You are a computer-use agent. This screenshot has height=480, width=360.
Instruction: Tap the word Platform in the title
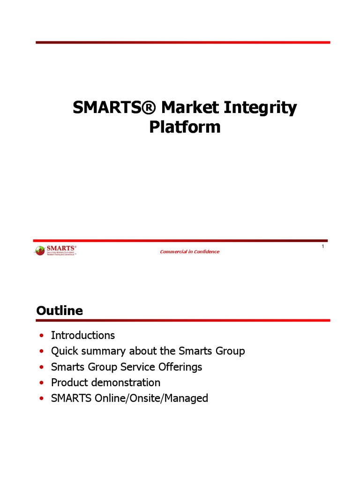pos(185,127)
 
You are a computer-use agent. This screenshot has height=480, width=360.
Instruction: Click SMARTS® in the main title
pos(113,108)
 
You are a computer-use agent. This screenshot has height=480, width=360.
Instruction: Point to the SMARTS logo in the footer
pos(55,250)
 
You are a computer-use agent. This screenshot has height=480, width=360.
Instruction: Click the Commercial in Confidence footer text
pos(189,252)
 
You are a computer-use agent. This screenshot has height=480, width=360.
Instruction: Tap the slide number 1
pos(323,247)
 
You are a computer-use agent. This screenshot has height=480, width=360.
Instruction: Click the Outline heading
pos(59,311)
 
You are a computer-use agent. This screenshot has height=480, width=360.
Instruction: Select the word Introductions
pos(82,336)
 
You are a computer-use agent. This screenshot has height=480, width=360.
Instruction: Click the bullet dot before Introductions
pos(42,336)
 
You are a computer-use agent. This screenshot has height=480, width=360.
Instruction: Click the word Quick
pos(64,351)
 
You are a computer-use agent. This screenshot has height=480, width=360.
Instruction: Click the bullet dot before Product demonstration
pos(42,383)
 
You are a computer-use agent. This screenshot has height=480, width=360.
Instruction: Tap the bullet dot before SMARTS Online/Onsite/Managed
pos(42,399)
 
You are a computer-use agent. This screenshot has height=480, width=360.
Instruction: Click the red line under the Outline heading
pos(183,321)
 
